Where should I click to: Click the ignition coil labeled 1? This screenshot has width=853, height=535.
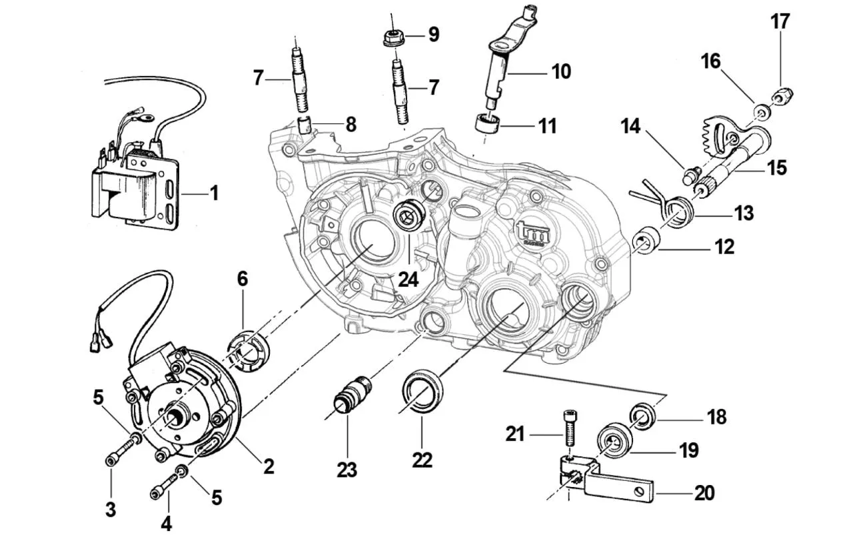[133, 187]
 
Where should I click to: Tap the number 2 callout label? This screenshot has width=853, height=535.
[268, 466]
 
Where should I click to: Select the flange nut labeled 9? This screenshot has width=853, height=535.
[393, 37]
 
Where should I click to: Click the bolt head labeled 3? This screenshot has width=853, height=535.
[113, 460]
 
